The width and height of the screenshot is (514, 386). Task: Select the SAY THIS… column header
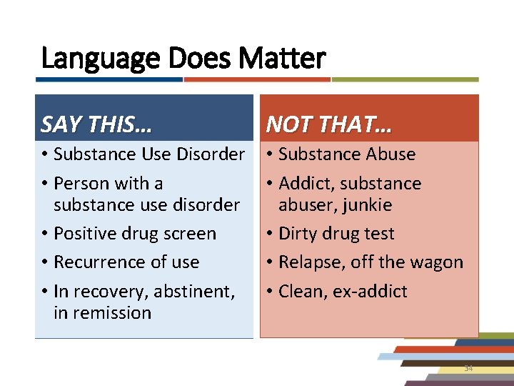pos(96,125)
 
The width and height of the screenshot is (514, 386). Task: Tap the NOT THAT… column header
pos(329,125)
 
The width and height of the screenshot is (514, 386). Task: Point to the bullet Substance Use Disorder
pos(149,154)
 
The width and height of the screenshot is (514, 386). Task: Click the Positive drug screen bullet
pos(134,234)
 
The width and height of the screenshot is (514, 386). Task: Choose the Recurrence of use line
pos(126,262)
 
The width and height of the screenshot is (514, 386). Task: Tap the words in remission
pos(102,312)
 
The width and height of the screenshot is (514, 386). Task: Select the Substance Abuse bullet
pos(347,154)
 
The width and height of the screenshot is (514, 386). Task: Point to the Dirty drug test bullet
pos(336,234)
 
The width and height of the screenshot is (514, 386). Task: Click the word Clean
pos(299,292)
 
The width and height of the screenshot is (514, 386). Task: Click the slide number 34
pos(468,367)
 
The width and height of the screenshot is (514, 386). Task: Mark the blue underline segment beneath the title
pos(111,79)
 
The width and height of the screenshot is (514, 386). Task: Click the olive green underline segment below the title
pos(405,79)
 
